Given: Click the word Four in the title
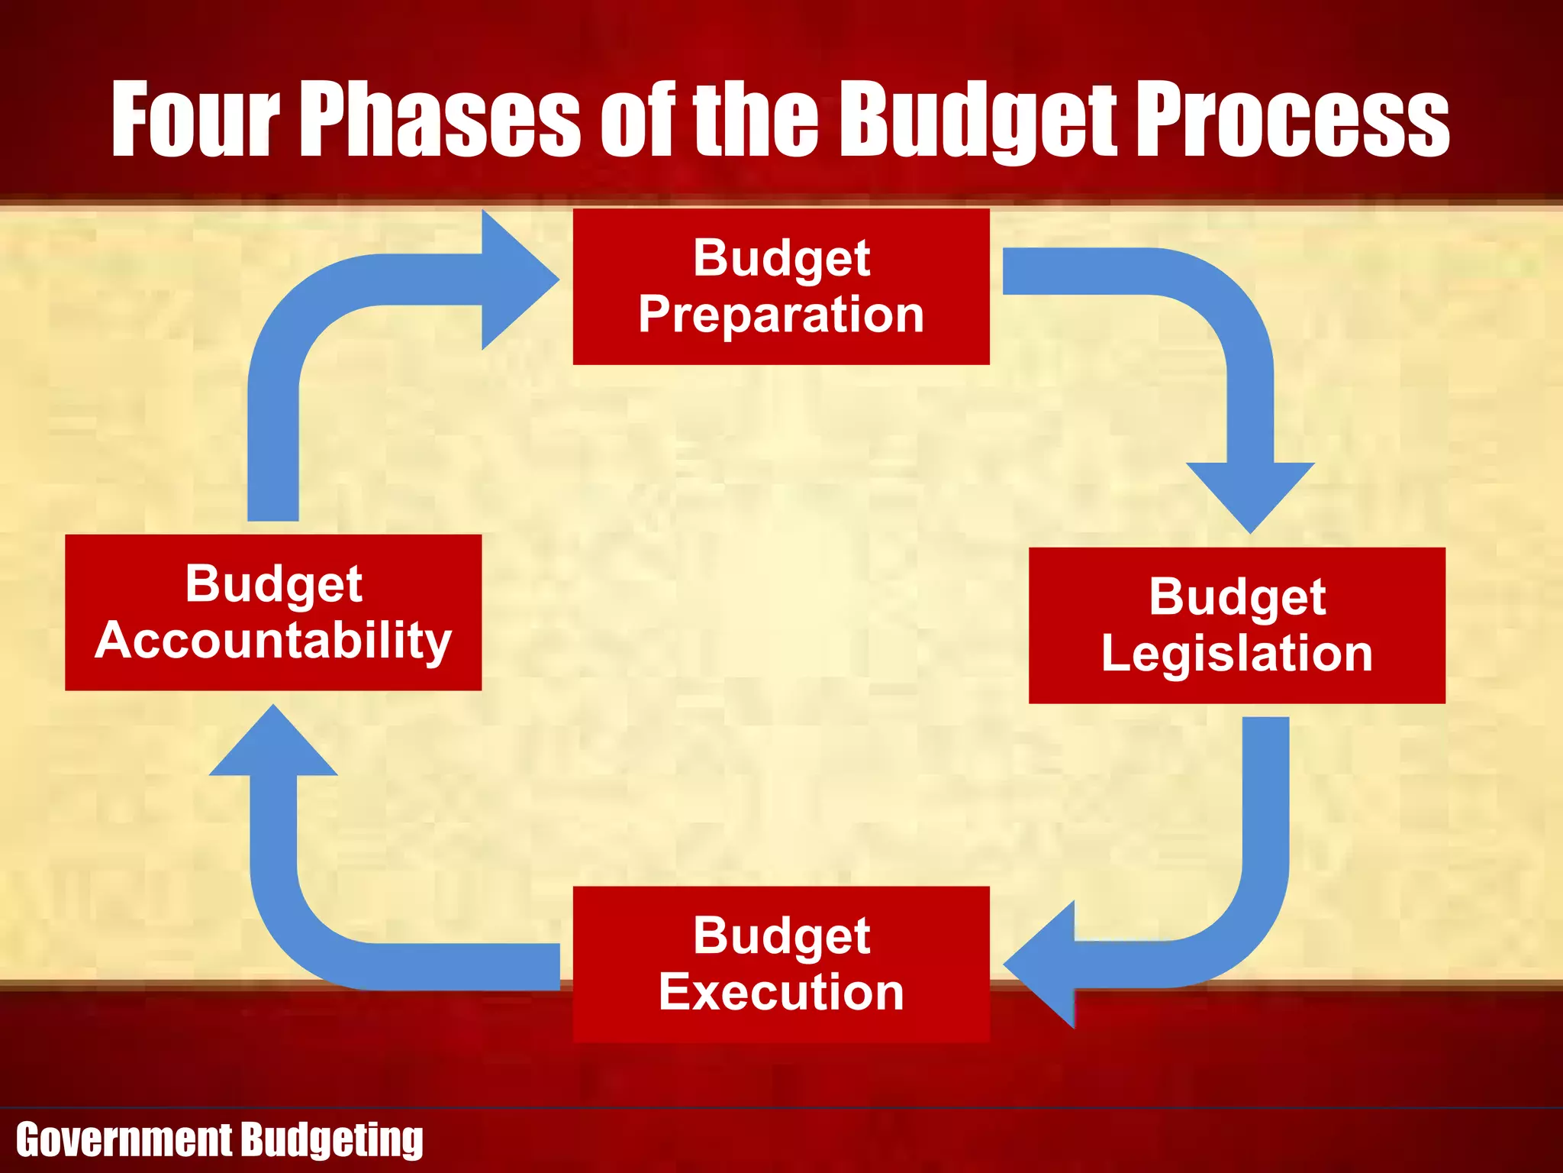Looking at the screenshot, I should click(195, 120).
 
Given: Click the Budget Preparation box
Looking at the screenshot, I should click(781, 286).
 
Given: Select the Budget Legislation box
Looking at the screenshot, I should click(1236, 625).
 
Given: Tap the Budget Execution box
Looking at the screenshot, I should click(781, 964).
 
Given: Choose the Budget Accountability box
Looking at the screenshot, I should click(273, 612).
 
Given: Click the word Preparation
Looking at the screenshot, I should click(781, 315).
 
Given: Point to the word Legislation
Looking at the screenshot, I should click(1236, 654).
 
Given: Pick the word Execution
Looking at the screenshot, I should click(781, 992).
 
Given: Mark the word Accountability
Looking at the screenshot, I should click(273, 641).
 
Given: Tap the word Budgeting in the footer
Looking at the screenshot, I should click(333, 1140).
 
